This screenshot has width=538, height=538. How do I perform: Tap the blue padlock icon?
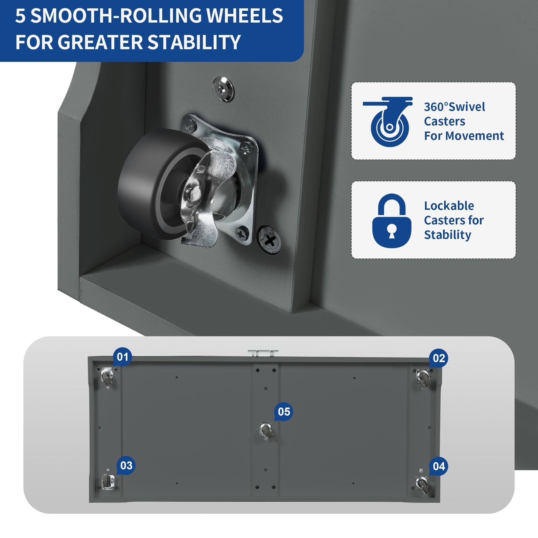(x=392, y=221)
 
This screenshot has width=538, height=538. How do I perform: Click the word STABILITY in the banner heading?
(x=194, y=42)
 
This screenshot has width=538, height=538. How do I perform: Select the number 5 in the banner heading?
(x=20, y=16)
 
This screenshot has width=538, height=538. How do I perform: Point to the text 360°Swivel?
(x=454, y=107)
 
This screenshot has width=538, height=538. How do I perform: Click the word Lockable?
(x=449, y=206)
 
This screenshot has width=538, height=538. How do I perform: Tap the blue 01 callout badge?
(x=122, y=357)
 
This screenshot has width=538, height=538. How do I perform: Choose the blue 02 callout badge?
(x=438, y=358)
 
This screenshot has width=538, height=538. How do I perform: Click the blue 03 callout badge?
(x=126, y=465)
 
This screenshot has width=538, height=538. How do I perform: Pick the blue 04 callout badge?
(x=438, y=466)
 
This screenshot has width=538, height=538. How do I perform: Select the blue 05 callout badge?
(x=284, y=412)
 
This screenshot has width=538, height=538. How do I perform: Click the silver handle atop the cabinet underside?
(x=263, y=353)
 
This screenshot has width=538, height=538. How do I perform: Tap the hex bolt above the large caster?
(x=223, y=89)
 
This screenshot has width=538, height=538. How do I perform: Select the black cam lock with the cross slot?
(x=269, y=239)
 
